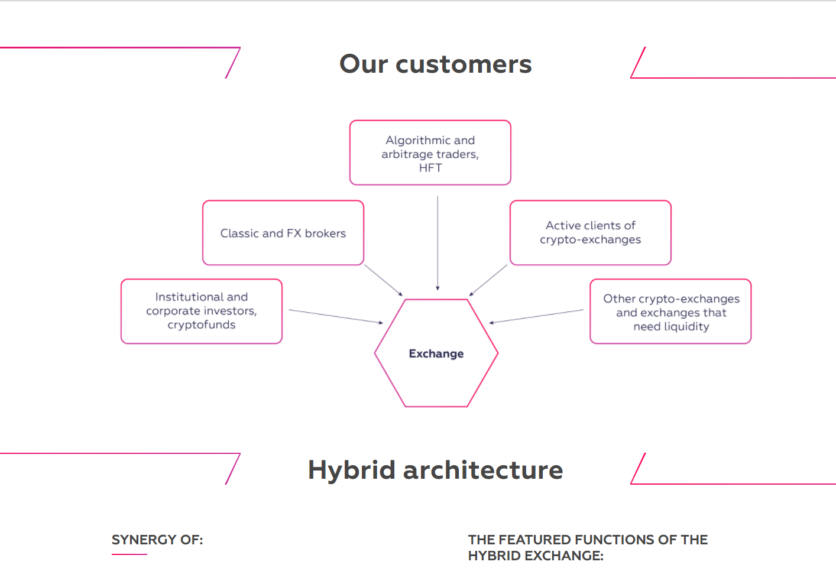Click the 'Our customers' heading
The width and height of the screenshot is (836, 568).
436,64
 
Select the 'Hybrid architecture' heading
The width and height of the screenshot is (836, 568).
436,470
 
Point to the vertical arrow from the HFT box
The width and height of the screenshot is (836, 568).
438,244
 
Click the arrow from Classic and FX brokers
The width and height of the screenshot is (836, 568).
383,280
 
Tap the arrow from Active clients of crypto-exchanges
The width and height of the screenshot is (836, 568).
488,280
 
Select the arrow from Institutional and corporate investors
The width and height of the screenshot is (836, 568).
336,316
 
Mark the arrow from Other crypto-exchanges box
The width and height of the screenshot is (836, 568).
536,316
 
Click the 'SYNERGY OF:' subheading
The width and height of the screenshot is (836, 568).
157,540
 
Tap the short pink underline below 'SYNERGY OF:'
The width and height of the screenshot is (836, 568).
129,554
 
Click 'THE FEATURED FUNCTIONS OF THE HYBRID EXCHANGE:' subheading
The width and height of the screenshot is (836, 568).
588,547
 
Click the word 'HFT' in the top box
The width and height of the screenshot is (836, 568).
430,168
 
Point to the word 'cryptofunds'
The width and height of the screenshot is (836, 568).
202,325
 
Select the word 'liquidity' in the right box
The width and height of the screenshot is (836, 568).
686,326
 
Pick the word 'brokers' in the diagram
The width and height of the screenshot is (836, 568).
325,233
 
